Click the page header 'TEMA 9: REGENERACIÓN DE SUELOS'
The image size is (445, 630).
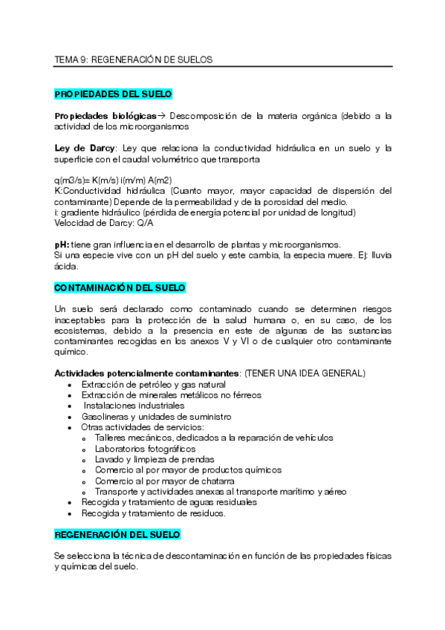[x=134, y=59]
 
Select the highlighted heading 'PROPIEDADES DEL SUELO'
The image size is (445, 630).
[x=114, y=94]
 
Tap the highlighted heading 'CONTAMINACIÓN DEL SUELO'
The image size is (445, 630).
[x=120, y=288]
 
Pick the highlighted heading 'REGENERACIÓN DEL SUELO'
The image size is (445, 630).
[x=117, y=535]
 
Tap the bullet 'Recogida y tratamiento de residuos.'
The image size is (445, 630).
[x=154, y=513]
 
